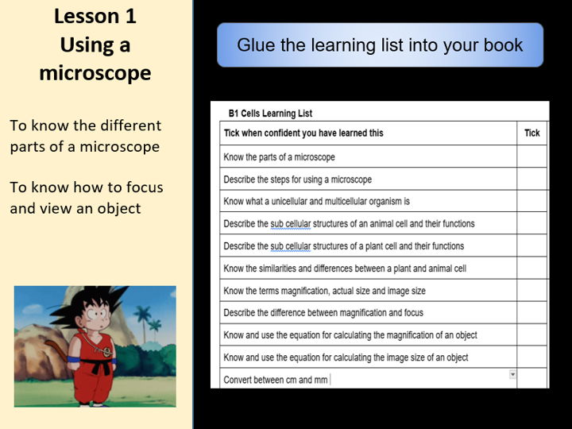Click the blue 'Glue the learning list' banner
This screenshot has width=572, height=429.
click(380, 44)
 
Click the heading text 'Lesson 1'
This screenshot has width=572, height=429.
click(95, 16)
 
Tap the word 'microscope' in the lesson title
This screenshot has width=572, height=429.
click(95, 73)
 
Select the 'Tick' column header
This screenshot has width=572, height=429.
click(531, 133)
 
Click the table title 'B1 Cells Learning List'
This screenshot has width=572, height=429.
click(270, 114)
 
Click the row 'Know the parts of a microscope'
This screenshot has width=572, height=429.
click(280, 157)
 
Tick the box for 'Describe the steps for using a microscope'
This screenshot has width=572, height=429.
click(531, 180)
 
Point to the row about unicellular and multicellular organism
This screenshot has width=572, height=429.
click(316, 202)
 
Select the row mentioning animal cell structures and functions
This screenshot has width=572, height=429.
click(349, 224)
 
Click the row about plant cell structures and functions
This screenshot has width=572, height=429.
click(343, 246)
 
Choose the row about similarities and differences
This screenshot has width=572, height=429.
click(345, 269)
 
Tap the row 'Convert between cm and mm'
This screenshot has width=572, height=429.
click(276, 380)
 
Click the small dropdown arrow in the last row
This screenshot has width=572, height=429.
click(512, 374)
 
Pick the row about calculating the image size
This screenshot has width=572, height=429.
click(346, 357)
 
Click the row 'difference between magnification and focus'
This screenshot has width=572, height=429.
click(323, 313)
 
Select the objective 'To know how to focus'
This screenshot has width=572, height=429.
click(87, 187)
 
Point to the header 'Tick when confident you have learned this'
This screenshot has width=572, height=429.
click(303, 133)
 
